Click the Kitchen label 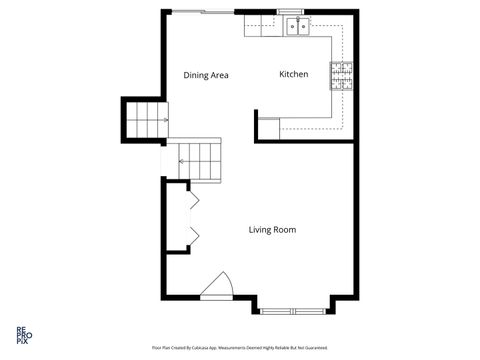293,75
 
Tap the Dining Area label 206,75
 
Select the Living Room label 272,230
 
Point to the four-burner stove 343,75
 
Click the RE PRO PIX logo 21,335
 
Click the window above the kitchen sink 296,11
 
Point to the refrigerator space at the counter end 268,127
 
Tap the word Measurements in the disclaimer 239,348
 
